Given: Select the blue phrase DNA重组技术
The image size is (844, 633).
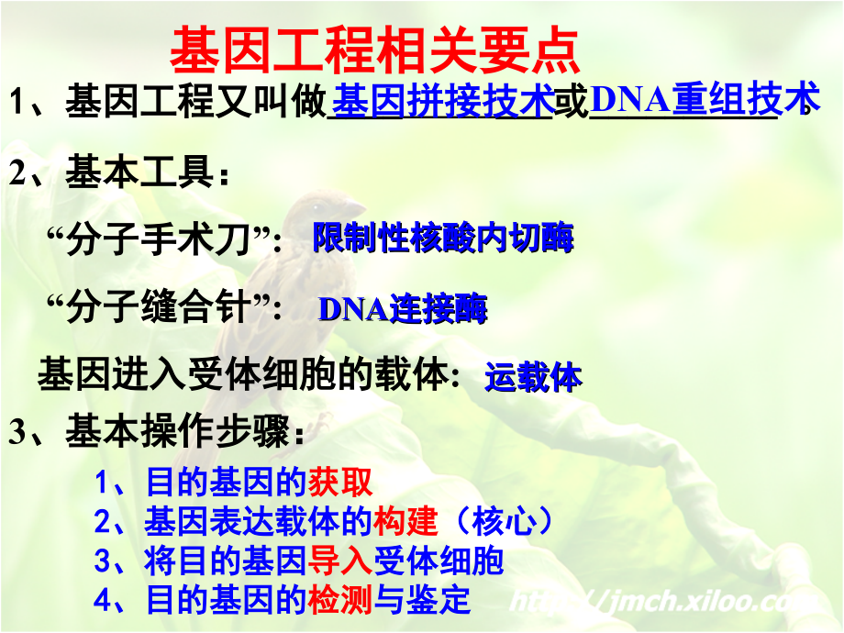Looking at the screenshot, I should [704, 102].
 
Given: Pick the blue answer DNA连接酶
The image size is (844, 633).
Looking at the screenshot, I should [403, 309].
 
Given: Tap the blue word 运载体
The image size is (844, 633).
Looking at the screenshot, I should [533, 376].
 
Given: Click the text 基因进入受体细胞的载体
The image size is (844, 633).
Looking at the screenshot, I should [242, 374].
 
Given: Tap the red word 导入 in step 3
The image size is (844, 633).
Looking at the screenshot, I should [340, 561].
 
